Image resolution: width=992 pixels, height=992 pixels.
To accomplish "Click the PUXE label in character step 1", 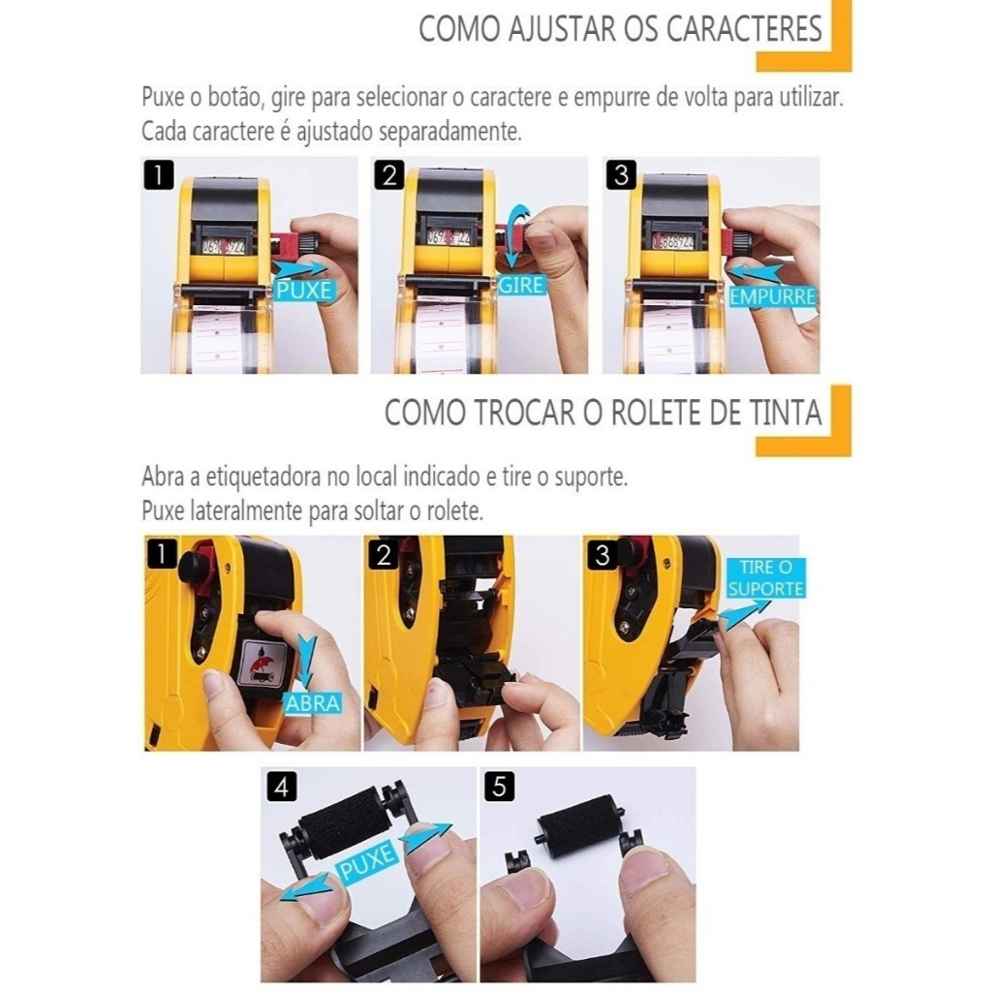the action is coord(303,291).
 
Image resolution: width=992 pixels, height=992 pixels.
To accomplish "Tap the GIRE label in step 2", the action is coord(521,286).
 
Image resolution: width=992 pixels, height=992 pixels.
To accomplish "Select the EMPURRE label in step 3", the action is coord(772,296).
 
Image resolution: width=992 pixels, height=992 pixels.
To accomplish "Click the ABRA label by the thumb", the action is coord(313,703).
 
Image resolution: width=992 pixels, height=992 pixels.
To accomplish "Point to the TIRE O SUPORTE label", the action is coord(765,577).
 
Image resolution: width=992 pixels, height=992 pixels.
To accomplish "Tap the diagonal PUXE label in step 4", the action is coord(368,860).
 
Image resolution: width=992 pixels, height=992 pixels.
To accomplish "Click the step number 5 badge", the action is coord(499,787).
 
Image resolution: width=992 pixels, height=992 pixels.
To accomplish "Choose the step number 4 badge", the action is coord(282,788).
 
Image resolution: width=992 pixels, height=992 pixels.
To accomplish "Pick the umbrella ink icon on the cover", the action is coord(260,662).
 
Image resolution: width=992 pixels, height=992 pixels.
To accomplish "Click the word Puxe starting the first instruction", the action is coord(163,99).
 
